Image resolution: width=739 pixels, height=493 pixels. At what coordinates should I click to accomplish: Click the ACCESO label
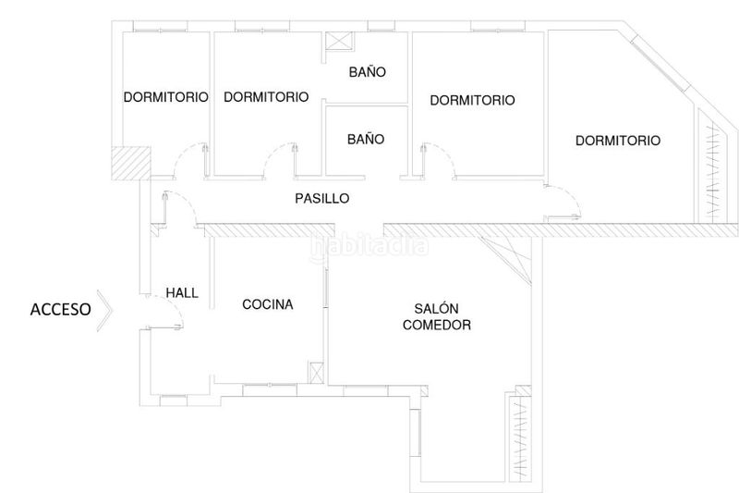click(x=60, y=310)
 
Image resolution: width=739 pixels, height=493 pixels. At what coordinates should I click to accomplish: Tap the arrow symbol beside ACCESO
click(x=105, y=311)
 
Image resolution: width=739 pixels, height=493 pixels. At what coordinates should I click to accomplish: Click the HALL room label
click(x=182, y=293)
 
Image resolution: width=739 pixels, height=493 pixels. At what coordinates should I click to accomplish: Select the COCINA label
click(x=268, y=304)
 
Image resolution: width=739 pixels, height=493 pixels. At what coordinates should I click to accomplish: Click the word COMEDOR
click(x=437, y=325)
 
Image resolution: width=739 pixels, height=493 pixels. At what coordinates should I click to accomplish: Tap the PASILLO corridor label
click(x=322, y=199)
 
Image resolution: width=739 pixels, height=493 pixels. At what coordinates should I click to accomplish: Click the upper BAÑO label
click(x=368, y=72)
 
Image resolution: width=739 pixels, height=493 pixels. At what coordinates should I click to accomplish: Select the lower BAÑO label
click(x=366, y=139)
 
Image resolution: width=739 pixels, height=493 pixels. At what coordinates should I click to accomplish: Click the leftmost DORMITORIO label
click(x=166, y=97)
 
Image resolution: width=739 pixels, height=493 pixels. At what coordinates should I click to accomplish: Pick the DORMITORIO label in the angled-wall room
click(x=618, y=141)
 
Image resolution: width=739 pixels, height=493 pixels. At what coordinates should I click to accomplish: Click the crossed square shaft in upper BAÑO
click(x=339, y=41)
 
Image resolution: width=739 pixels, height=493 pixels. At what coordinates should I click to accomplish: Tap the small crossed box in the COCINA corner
click(x=316, y=373)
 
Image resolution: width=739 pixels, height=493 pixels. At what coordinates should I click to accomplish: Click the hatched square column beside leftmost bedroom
click(x=130, y=162)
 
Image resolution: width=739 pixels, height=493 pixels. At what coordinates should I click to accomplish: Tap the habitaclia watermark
click(x=369, y=246)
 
